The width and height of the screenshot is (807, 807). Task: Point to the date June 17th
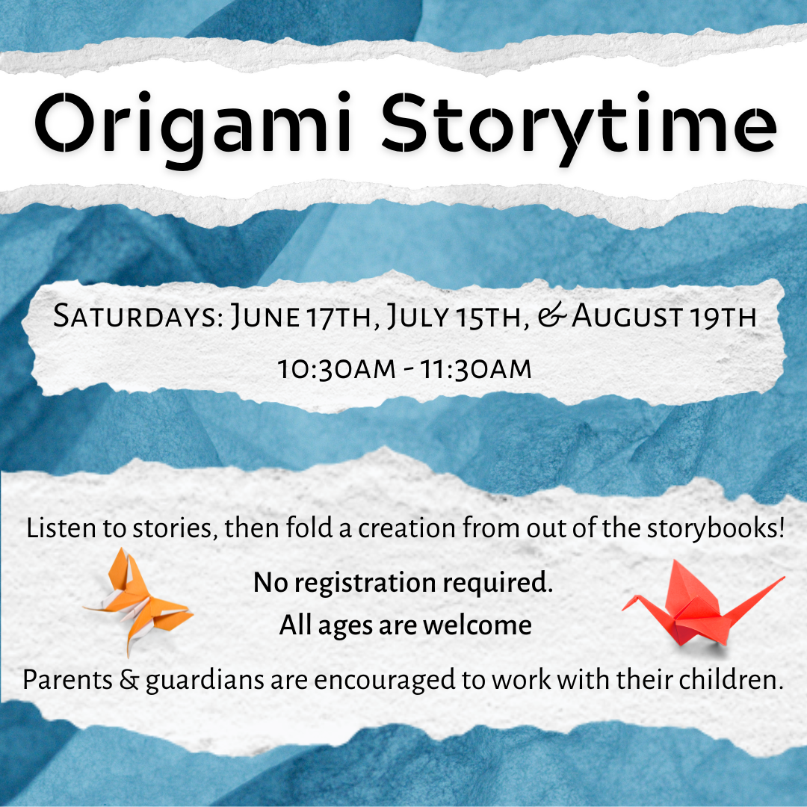coord(302,316)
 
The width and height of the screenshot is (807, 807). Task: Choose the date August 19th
coord(664,316)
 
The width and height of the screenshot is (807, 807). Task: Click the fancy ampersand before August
coord(552,316)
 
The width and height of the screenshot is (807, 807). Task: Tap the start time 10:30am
coord(337,369)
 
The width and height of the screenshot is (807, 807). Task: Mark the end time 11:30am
coord(476,369)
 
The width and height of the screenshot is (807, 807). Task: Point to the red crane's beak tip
coord(622,610)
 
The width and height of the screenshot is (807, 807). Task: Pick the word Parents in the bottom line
coord(68,679)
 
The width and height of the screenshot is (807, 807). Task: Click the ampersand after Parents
coord(129,680)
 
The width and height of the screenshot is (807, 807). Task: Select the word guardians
coord(205,681)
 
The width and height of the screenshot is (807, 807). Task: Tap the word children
coord(728,679)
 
